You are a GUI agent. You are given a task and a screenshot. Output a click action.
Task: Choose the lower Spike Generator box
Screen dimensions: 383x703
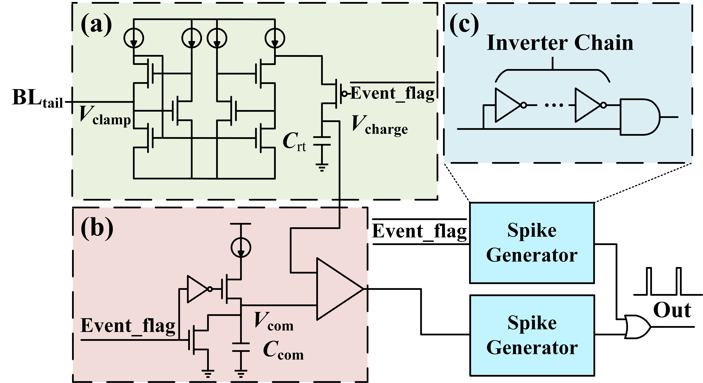[x=532, y=335]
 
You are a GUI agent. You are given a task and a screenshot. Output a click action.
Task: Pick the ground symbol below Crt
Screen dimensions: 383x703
[x=322, y=166]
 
